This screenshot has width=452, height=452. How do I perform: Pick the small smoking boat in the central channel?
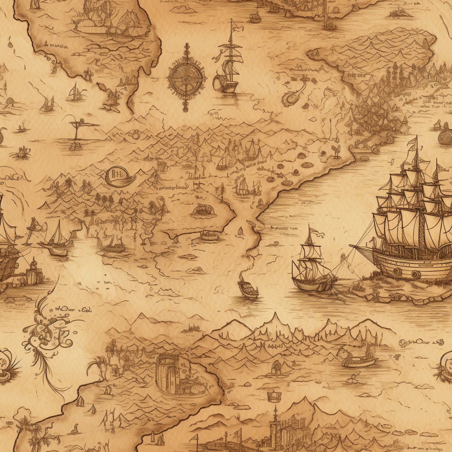click(248, 289)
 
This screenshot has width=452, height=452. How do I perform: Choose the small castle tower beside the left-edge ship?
click(33, 272)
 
